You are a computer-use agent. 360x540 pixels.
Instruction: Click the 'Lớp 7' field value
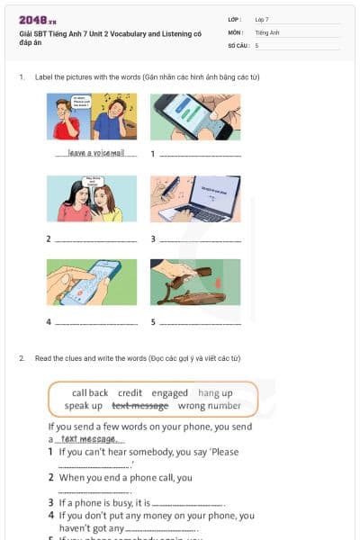pyautogui.click(x=262, y=19)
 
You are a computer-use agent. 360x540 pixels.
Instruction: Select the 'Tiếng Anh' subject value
pyautogui.click(x=267, y=31)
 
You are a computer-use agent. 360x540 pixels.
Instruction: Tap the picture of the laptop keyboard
pyautogui.click(x=195, y=198)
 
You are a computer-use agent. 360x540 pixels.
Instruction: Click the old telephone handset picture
pyautogui.click(x=195, y=282)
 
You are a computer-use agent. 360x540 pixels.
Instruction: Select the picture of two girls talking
pyautogui.click(x=92, y=198)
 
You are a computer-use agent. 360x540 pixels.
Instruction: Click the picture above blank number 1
pyautogui.click(x=195, y=116)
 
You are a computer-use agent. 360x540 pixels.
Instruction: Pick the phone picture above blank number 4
pyautogui.click(x=92, y=282)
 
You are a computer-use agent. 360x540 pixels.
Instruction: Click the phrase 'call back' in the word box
pyautogui.click(x=90, y=393)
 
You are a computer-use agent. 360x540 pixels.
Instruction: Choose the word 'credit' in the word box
pyautogui.click(x=130, y=393)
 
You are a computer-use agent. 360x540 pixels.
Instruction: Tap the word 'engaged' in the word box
pyautogui.click(x=170, y=393)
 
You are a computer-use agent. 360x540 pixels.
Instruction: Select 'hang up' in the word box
pyautogui.click(x=215, y=393)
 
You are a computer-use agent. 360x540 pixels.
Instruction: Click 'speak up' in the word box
pyautogui.click(x=84, y=406)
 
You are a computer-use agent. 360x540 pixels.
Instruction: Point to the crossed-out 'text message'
pyautogui.click(x=140, y=406)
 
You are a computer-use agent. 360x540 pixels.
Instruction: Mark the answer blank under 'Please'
pyautogui.click(x=94, y=465)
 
